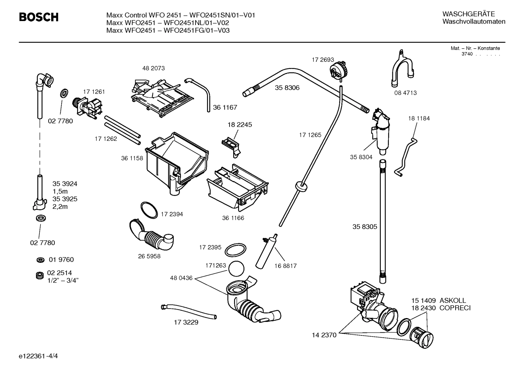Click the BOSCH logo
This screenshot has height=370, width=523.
[x=38, y=17]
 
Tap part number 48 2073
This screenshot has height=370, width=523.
[x=153, y=68]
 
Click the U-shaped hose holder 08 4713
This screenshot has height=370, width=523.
[x=402, y=71]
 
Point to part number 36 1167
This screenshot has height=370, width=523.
[x=225, y=107]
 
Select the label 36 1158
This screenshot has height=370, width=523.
[x=132, y=158]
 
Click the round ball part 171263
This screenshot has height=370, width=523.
[x=236, y=269]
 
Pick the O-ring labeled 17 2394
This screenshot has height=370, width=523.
[x=149, y=210]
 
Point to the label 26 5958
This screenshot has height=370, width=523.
[x=149, y=256]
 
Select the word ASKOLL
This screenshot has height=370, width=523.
[x=453, y=301]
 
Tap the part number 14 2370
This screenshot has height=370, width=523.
[x=324, y=335]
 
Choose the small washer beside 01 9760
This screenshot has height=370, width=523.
[x=40, y=260]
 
